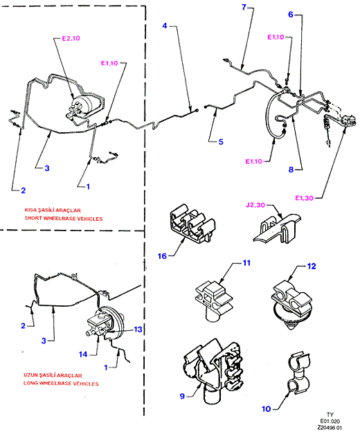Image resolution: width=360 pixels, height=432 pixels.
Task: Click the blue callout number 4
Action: (x=165, y=26)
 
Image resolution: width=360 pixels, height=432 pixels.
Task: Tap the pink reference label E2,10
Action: (x=71, y=38)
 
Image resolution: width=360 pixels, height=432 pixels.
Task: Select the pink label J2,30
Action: (x=255, y=205)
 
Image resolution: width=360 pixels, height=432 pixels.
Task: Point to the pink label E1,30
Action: (x=304, y=198)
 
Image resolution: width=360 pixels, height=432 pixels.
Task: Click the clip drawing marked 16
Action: (x=192, y=223)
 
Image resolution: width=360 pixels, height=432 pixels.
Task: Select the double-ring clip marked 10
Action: (x=298, y=373)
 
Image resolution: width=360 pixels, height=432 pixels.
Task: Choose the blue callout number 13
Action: (x=138, y=330)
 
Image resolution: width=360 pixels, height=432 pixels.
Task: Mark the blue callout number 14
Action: (x=83, y=354)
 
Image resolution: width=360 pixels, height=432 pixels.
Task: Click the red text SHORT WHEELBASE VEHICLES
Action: (x=64, y=219)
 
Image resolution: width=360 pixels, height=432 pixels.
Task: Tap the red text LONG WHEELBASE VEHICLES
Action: (x=61, y=384)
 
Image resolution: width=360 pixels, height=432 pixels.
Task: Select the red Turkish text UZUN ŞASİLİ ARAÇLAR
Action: (x=53, y=375)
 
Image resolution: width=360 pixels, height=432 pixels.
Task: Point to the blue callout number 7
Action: (x=244, y=7)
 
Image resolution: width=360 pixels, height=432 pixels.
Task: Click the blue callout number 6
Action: (x=291, y=15)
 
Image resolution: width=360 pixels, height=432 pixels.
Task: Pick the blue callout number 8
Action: (x=291, y=170)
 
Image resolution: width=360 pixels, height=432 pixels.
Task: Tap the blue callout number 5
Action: (x=221, y=142)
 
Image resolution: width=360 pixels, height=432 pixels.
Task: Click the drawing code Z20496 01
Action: (x=330, y=428)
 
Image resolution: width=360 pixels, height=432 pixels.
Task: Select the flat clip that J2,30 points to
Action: (x=277, y=228)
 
